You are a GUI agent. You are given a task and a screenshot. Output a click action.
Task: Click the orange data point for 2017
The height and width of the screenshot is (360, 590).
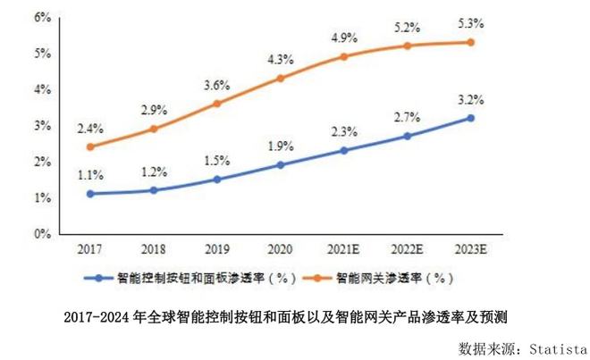click(x=89, y=147)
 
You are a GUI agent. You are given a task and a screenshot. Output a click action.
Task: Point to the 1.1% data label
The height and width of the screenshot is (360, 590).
click(x=89, y=175)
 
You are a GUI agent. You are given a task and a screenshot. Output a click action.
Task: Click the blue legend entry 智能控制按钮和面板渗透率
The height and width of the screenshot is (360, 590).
click(x=196, y=278)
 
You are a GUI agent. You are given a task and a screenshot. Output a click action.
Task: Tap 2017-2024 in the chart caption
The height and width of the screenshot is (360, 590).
click(x=99, y=317)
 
